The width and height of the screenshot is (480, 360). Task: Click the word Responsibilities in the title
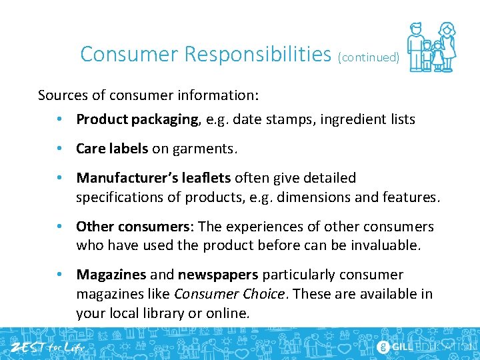257,54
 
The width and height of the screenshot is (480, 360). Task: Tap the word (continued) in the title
369,57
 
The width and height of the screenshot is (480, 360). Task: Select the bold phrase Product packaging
137,120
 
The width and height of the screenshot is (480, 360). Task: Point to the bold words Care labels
112,149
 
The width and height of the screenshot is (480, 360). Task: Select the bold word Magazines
111,275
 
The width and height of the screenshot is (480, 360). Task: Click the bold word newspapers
217,275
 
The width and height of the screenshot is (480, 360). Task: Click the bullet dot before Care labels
60,149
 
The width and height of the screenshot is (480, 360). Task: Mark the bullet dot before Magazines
60,275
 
